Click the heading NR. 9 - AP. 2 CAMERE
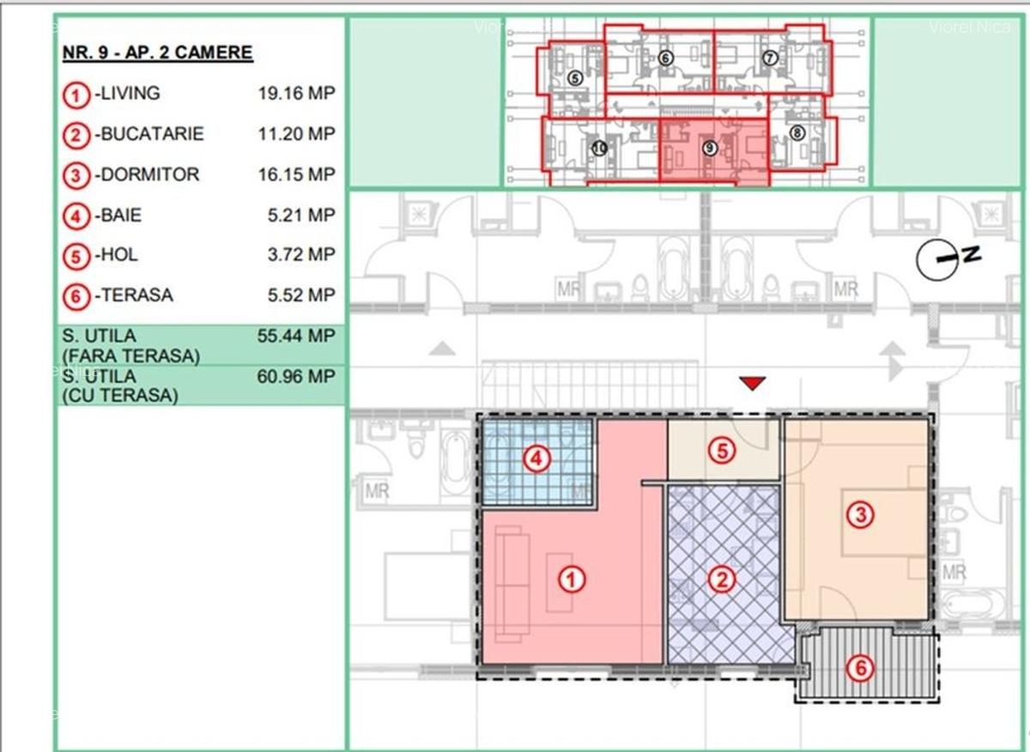click(x=157, y=53)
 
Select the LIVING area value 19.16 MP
click(x=296, y=94)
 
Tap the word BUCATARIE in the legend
click(x=152, y=134)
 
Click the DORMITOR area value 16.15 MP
click(x=296, y=174)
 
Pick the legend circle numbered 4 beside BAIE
click(x=77, y=215)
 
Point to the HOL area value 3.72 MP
click(x=301, y=255)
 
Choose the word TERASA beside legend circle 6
click(x=136, y=295)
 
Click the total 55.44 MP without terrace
click(x=296, y=336)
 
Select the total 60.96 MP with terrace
click(x=296, y=376)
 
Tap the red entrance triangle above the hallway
click(x=752, y=383)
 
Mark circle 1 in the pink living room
click(x=572, y=580)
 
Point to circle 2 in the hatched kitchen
click(x=722, y=579)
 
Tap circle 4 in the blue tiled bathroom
click(x=537, y=459)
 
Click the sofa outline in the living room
click(x=512, y=585)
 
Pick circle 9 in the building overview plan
click(x=709, y=148)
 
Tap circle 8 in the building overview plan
click(x=797, y=133)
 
